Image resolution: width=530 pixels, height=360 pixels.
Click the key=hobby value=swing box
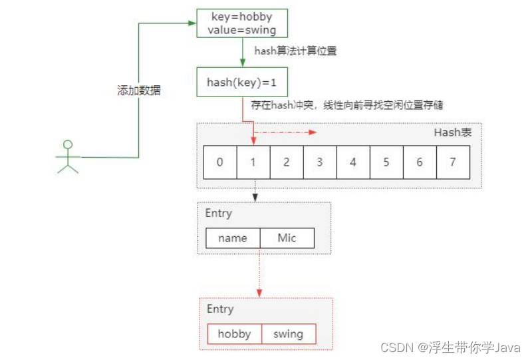click(x=242, y=23)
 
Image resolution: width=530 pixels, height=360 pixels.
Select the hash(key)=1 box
click(x=242, y=82)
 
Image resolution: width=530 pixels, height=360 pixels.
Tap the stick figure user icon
click(x=66, y=156)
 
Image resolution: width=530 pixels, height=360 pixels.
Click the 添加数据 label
click(x=139, y=91)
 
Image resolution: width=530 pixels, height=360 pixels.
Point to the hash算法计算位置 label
click(x=295, y=51)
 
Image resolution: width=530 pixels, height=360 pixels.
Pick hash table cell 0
click(x=220, y=162)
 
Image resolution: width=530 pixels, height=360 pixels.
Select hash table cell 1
click(x=253, y=162)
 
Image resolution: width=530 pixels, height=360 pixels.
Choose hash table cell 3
click(x=320, y=162)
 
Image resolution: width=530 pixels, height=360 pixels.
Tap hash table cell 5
click(x=386, y=162)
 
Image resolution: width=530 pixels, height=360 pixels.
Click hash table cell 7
click(x=453, y=162)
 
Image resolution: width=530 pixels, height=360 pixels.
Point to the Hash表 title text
click(x=453, y=132)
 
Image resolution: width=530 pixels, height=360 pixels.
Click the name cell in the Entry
click(x=232, y=238)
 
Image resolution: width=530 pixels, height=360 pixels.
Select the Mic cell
click(x=287, y=238)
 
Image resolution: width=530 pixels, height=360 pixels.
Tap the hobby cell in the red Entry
click(x=234, y=334)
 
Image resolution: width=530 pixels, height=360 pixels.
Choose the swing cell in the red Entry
click(x=288, y=334)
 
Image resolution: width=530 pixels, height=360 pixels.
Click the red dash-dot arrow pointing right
click(x=286, y=132)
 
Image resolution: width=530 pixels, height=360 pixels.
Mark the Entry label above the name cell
click(x=219, y=214)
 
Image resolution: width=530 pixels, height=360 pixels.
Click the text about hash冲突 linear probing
click(x=347, y=104)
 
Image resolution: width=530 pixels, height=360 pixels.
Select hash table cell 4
click(x=353, y=162)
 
